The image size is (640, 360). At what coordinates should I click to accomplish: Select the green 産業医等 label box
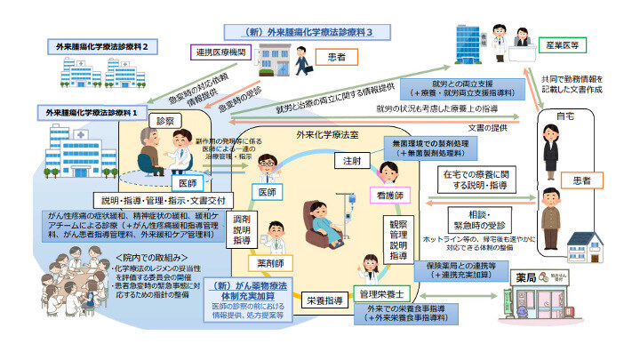562,43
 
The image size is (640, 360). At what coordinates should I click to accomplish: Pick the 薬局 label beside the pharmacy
526,278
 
